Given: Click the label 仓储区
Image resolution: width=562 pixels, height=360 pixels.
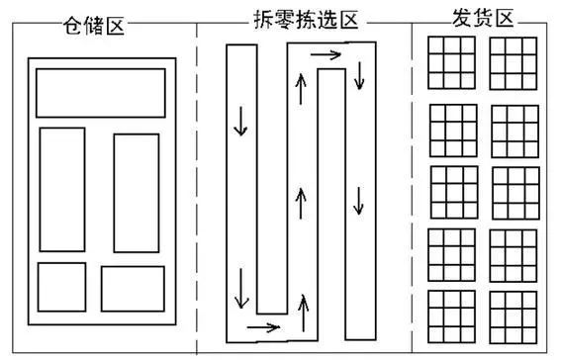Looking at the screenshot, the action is pyautogui.click(x=94, y=26).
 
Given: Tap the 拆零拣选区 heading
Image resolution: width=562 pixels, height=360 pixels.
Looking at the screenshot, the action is pyautogui.click(x=306, y=20).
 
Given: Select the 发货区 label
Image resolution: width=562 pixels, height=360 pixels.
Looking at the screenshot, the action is pyautogui.click(x=483, y=18).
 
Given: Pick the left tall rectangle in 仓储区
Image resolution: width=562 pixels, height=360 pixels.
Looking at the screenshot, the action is pyautogui.click(x=40, y=190).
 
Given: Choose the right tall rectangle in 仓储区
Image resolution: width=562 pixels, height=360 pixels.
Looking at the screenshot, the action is pyautogui.click(x=114, y=193).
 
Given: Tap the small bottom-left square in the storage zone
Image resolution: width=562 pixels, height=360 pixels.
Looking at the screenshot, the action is pyautogui.click(x=38, y=287).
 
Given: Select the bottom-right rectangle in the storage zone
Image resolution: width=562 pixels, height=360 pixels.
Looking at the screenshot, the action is pyautogui.click(x=101, y=289).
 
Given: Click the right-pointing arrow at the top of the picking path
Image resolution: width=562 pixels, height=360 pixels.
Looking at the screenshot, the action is pyautogui.click(x=326, y=54).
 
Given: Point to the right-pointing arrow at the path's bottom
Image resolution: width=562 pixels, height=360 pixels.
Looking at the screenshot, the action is pyautogui.click(x=263, y=327).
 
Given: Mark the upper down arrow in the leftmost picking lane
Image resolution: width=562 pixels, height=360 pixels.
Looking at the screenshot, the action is pyautogui.click(x=240, y=121).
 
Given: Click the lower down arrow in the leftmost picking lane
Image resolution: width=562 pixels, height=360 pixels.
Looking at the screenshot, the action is pyautogui.click(x=241, y=289).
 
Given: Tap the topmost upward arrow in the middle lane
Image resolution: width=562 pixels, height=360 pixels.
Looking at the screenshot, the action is pyautogui.click(x=301, y=89).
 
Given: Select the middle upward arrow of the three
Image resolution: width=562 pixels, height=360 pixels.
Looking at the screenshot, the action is pyautogui.click(x=301, y=204).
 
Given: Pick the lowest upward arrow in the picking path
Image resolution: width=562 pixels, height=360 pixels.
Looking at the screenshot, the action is pyautogui.click(x=303, y=314).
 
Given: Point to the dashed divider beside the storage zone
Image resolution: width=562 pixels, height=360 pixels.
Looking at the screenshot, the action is pyautogui.click(x=197, y=188).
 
